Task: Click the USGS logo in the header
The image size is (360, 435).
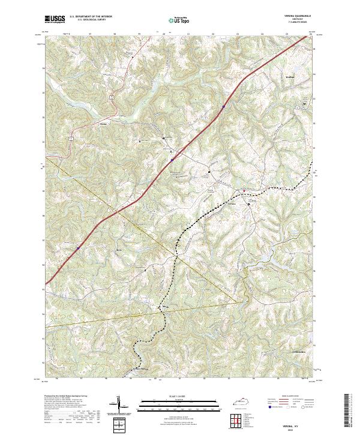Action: click(x=55, y=20)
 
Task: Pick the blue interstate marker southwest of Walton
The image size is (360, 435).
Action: click(x=223, y=107)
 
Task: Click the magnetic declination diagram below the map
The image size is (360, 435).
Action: click(x=119, y=405)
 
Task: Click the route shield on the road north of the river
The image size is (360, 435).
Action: click(x=112, y=96)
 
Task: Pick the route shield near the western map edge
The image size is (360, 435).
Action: click(x=71, y=138)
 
